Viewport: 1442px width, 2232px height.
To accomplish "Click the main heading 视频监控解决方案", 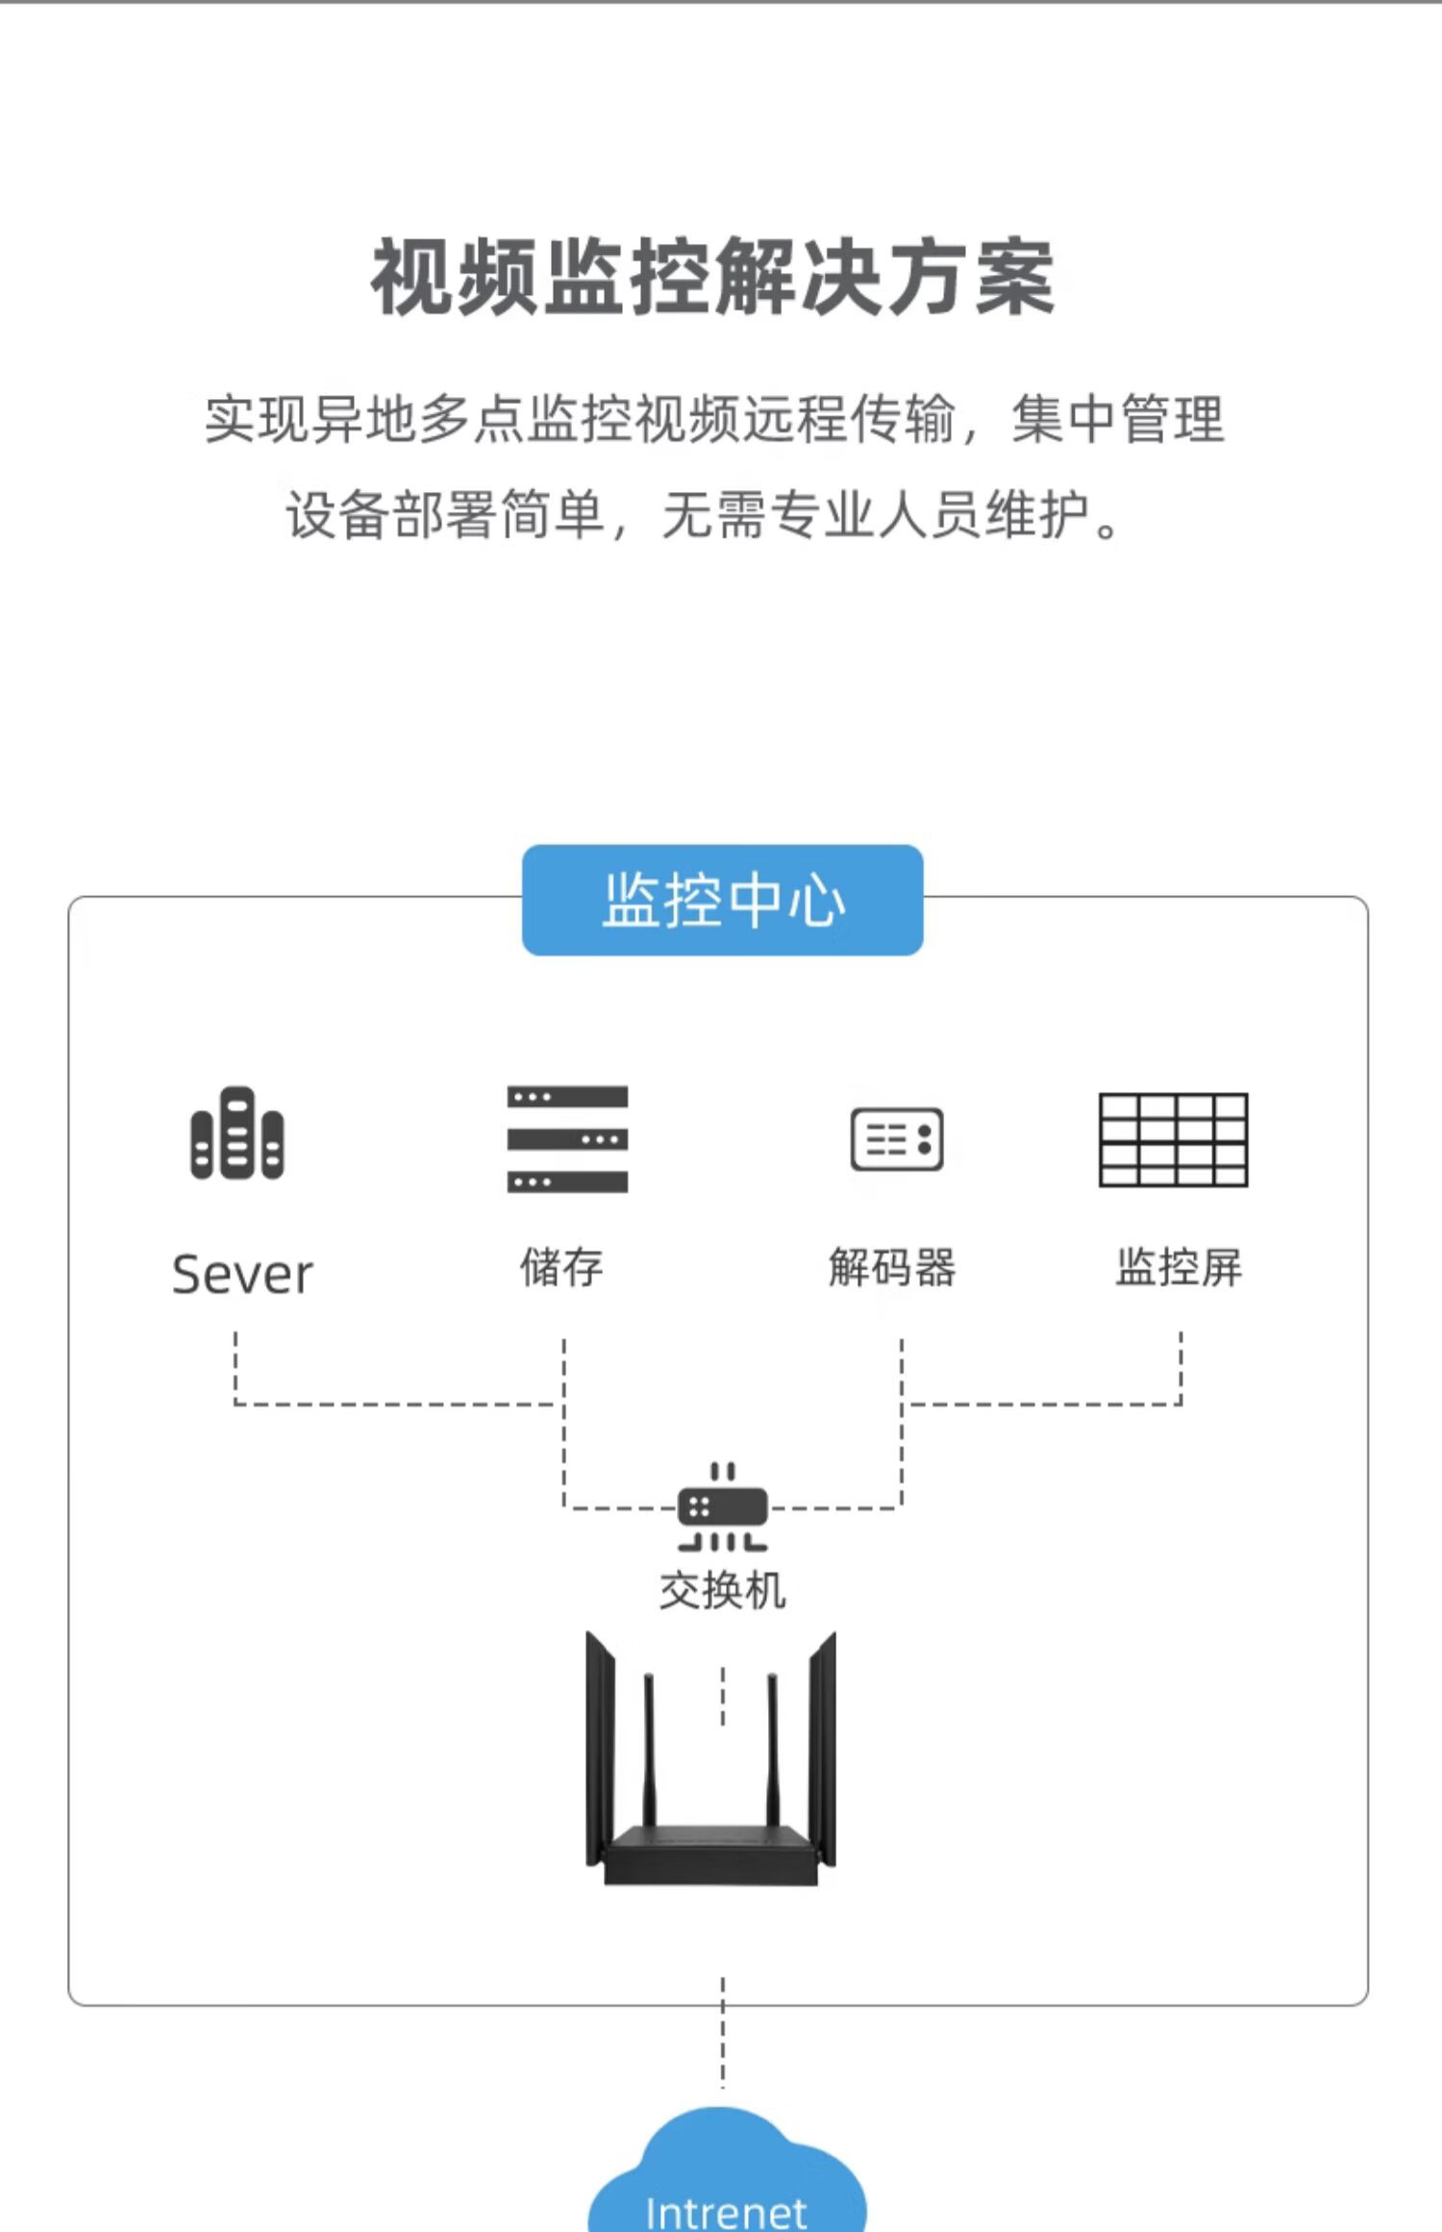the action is (x=712, y=278).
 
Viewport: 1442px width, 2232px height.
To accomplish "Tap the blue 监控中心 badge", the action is (x=722, y=900).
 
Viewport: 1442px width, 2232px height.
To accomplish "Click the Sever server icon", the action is (x=237, y=1133).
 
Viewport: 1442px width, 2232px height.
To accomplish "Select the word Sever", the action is (x=242, y=1275).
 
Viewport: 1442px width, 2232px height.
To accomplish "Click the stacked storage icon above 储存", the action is (x=567, y=1139).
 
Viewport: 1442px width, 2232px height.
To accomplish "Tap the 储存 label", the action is (x=561, y=1267).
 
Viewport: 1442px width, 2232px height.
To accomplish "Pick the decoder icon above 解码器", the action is (x=897, y=1139).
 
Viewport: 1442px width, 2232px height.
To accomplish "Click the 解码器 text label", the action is (x=892, y=1267).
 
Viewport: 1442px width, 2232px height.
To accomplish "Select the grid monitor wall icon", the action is (x=1173, y=1139).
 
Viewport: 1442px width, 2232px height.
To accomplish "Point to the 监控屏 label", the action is (x=1179, y=1267).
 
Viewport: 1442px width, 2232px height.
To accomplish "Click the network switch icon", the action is (x=723, y=1507).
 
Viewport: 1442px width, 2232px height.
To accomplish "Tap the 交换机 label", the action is (x=723, y=1591).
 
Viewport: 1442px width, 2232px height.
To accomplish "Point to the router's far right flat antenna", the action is (x=823, y=1749).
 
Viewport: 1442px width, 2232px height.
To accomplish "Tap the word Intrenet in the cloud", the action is (x=727, y=2211).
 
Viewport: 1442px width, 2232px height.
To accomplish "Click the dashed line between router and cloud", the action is (x=723, y=2033).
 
